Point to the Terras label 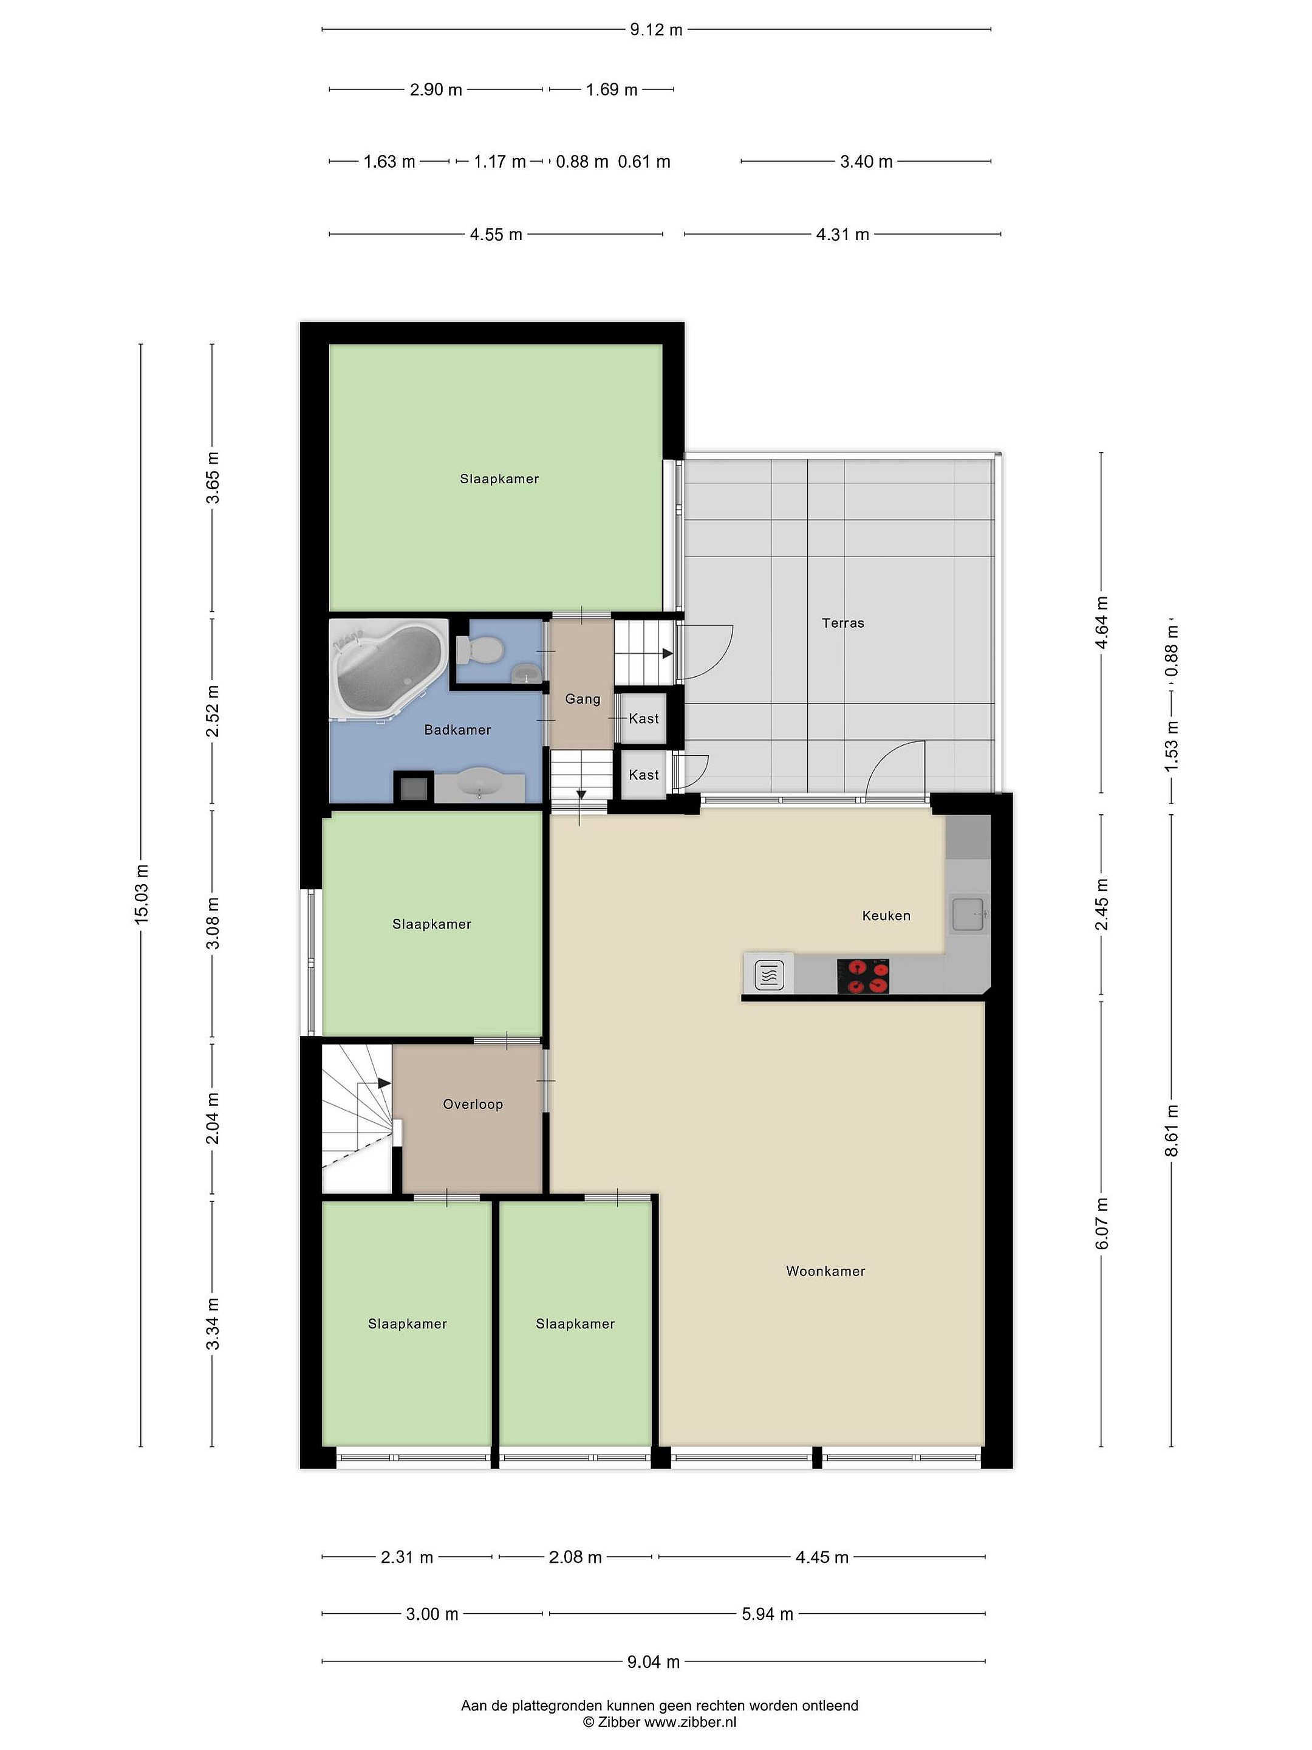(843, 623)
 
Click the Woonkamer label (825, 1271)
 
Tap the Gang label (583, 699)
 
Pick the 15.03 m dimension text (142, 894)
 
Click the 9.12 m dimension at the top (655, 30)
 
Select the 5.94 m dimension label (767, 1614)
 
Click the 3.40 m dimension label (866, 162)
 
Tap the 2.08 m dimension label (575, 1557)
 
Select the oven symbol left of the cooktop (770, 975)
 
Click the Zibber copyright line (660, 1721)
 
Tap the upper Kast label (644, 718)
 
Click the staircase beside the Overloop (357, 1118)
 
